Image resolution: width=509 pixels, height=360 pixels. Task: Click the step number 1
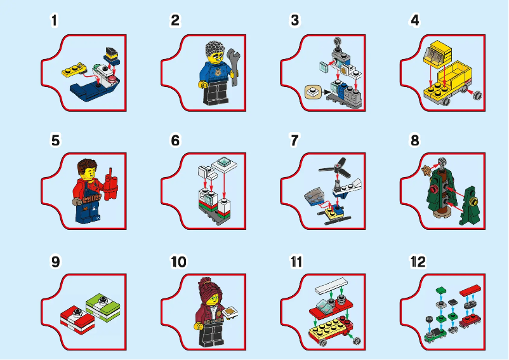coord(55,20)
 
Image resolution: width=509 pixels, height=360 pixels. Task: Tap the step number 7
coord(294,141)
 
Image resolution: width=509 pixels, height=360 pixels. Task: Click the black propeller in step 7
coord(336,168)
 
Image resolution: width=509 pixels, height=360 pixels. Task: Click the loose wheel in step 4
coord(475,97)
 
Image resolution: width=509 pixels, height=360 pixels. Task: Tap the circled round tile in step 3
coord(312,91)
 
